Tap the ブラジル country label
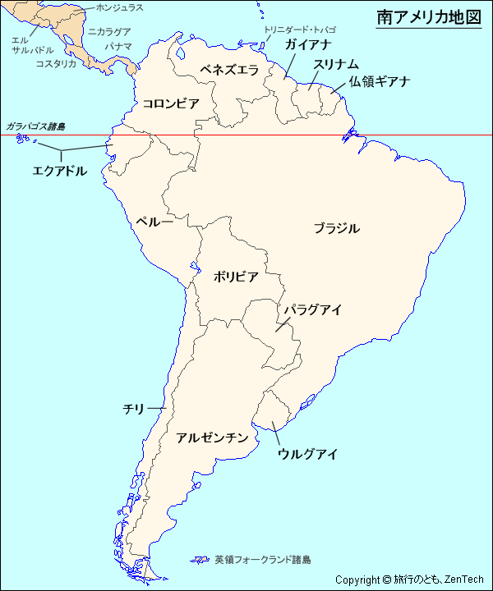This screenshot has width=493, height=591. tap(336, 228)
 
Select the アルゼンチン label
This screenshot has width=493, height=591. tap(212, 438)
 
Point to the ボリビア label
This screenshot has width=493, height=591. tap(236, 277)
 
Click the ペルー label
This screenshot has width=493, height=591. tap(154, 222)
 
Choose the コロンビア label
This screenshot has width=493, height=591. tap(171, 103)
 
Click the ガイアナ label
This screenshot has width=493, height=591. tap(308, 44)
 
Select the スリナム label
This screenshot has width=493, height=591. tap(336, 64)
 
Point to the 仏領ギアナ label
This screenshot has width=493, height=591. tap(379, 81)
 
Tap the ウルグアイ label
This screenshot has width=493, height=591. tap(307, 454)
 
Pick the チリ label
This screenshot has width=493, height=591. tap(133, 408)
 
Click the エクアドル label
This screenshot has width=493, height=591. tap(59, 171)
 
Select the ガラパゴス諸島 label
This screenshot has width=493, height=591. tap(35, 126)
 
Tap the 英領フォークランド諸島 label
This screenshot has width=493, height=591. tap(263, 560)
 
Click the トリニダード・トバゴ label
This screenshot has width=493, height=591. tap(299, 30)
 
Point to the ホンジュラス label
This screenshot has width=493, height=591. tap(120, 7)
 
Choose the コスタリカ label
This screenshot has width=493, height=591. tap(56, 63)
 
